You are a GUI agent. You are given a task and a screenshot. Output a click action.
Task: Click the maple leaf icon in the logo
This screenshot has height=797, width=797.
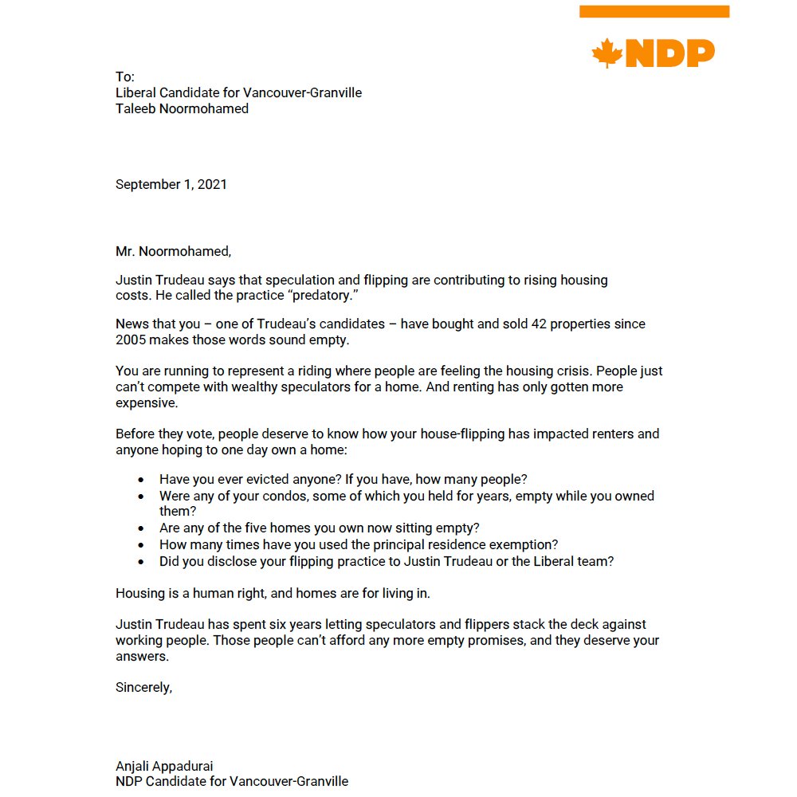607,53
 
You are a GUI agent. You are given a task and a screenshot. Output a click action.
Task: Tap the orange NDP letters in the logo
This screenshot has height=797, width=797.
669,53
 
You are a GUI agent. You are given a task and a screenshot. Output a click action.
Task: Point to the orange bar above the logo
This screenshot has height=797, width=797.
654,11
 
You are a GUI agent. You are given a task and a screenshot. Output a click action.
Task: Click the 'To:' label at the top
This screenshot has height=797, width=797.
125,77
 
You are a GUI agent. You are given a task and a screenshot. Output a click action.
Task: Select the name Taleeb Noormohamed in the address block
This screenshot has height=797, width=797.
182,109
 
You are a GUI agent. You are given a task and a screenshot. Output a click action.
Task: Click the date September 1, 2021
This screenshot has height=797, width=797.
171,184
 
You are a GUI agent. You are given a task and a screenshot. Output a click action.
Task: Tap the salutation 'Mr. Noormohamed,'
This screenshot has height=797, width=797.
173,252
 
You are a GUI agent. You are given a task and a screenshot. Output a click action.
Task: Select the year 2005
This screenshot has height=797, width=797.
132,340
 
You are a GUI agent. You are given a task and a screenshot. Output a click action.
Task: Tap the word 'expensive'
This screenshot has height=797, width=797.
147,402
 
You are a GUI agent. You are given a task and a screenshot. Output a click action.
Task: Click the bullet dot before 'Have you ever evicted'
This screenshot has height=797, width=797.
141,481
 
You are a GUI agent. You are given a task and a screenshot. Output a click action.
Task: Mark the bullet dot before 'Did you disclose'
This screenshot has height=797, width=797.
141,562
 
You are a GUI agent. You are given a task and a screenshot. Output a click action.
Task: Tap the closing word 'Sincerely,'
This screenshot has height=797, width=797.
143,687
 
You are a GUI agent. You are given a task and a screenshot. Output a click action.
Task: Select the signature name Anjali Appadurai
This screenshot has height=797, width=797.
164,766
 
